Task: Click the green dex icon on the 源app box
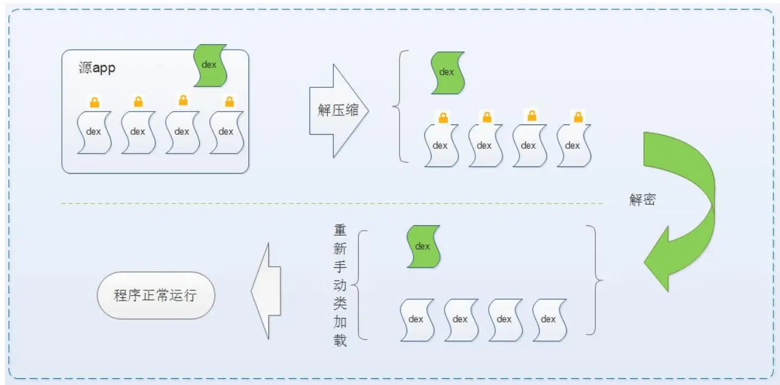pyautogui.click(x=210, y=64)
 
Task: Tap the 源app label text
pyautogui.click(x=97, y=67)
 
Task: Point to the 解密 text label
pyautogui.click(x=642, y=200)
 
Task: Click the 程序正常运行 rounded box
pyautogui.click(x=155, y=296)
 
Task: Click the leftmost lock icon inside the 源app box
pyautogui.click(x=94, y=102)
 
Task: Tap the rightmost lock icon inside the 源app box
pyautogui.click(x=229, y=101)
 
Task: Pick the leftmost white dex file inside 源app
pyautogui.click(x=94, y=132)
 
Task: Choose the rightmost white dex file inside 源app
pyautogui.click(x=226, y=132)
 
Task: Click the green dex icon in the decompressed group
pyautogui.click(x=447, y=72)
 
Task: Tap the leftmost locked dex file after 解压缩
pyautogui.click(x=441, y=145)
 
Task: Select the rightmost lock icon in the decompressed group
pyautogui.click(x=577, y=117)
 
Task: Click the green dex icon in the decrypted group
pyautogui.click(x=423, y=246)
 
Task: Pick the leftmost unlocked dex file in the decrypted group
pyautogui.click(x=416, y=319)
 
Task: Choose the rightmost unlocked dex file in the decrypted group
pyautogui.click(x=549, y=319)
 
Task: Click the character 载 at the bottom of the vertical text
pyautogui.click(x=340, y=340)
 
